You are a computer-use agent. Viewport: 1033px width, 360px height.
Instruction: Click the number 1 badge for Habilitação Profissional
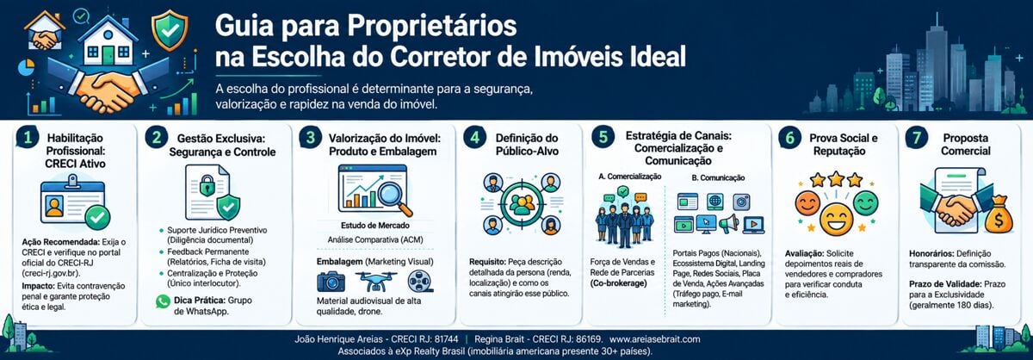(28, 137)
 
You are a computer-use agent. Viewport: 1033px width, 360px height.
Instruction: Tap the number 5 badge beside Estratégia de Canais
(603, 137)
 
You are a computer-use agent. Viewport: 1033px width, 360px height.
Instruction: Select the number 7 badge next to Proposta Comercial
(916, 137)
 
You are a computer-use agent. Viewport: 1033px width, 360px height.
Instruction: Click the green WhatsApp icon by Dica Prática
(163, 301)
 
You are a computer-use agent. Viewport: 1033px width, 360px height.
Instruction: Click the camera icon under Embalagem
(331, 282)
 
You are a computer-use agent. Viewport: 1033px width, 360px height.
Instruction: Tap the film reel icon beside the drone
(420, 282)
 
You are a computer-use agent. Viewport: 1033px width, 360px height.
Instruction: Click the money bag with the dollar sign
(998, 214)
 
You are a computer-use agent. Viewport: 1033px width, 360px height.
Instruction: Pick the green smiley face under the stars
(865, 203)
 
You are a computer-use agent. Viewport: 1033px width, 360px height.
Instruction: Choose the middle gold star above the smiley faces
(836, 178)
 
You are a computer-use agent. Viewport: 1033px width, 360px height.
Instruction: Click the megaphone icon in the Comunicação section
(728, 224)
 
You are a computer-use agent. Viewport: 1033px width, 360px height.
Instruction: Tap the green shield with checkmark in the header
(170, 30)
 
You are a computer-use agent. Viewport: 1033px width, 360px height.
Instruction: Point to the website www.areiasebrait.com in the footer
(655, 339)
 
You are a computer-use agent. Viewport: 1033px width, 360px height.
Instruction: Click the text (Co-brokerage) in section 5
(618, 283)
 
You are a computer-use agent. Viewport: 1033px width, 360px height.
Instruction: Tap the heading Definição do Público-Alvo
(527, 145)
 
